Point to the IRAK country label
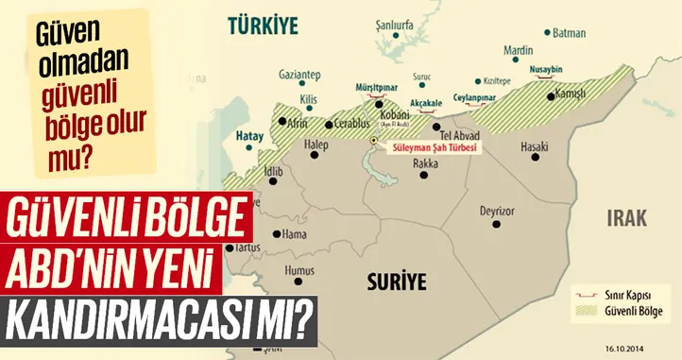point(627,218)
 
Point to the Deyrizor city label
point(498,210)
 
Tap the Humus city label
point(298,269)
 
